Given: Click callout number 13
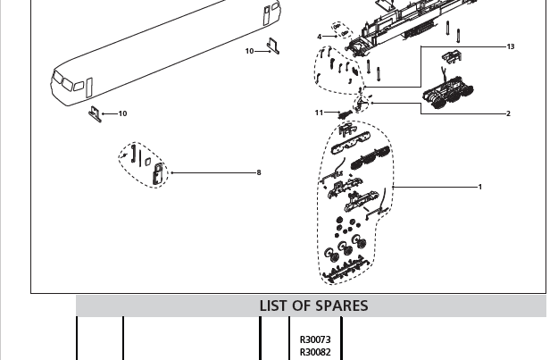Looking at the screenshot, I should [x=511, y=46].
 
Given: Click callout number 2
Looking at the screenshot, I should [x=508, y=113].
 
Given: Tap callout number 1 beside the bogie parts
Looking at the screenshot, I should [x=479, y=187].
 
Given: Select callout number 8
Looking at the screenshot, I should [x=259, y=172].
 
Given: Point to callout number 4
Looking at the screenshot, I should [x=319, y=37].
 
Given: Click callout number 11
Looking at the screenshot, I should [x=319, y=113].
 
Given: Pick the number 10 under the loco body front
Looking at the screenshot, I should [x=122, y=113].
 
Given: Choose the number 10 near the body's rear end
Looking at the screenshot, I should [x=250, y=51].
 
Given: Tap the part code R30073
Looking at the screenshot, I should [x=314, y=340].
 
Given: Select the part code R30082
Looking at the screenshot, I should [x=314, y=352].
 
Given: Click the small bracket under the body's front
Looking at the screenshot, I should [x=94, y=113].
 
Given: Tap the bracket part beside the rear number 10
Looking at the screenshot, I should [x=274, y=46].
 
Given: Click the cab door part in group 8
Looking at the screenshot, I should [x=158, y=173].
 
